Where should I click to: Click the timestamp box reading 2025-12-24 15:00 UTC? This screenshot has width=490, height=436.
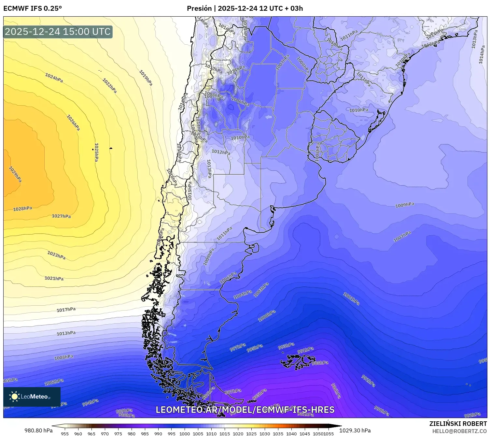pos(58,32)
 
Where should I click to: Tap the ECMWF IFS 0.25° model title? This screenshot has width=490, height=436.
pos(32,8)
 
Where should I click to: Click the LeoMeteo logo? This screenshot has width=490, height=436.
pos(32,397)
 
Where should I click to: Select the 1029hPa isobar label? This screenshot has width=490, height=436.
pos(15,175)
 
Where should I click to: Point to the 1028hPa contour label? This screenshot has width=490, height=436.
pos(22,209)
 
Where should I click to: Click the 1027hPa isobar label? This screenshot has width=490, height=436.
pos(61,216)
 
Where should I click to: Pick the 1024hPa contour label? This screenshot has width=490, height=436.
pos(54,78)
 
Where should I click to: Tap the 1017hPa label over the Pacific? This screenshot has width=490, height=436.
pos(66,310)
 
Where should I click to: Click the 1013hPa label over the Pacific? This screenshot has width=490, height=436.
pos(66,333)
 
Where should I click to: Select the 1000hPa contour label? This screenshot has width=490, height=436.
pos(267,316)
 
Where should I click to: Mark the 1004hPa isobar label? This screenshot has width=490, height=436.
pos(243,295)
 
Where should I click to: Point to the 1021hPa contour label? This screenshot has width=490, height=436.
pos(54,278)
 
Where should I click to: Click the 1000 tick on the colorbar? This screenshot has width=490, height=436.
pos(185,433)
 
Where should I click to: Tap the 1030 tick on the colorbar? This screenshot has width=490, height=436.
pos(265,433)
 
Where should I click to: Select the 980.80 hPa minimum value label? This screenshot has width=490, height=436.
pos(38,430)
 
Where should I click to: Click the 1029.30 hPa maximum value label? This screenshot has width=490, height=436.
pos(355,430)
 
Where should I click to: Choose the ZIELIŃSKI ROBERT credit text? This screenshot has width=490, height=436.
pos(458,424)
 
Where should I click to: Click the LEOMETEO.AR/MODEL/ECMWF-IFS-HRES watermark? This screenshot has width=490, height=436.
pos(245,410)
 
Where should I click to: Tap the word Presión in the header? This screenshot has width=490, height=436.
pos(199,8)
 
